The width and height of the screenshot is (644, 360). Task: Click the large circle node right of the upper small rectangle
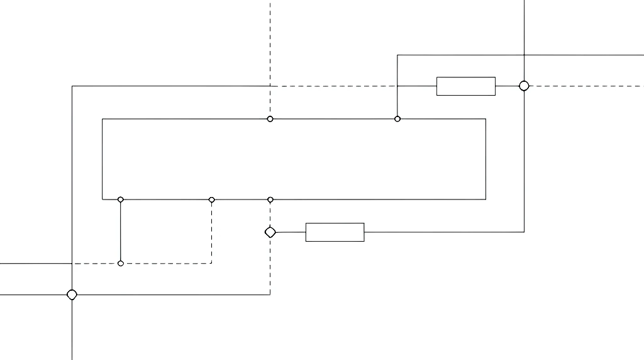pos(524,86)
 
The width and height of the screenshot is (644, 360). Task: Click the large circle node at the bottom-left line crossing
pos(72,295)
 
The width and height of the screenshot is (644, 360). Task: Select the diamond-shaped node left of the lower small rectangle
pos(270,232)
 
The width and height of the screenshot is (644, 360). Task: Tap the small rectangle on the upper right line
pos(466,86)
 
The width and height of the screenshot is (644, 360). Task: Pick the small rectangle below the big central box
pos(335,232)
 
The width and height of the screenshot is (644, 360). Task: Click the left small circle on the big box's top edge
pos(270,119)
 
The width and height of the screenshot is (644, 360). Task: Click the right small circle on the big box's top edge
pos(397,119)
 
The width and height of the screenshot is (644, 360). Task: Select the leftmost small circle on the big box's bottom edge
pos(121,200)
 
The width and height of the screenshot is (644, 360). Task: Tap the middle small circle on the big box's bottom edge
pos(212,200)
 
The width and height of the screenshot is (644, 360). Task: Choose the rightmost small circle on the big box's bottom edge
pos(270,200)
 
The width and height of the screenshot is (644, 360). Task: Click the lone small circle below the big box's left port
pos(121,263)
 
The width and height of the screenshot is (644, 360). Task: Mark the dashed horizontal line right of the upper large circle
pos(585,86)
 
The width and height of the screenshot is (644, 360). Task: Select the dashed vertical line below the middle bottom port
pos(212,233)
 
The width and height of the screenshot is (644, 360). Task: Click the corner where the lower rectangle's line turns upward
pos(524,232)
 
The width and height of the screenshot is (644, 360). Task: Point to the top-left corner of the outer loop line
pos(72,86)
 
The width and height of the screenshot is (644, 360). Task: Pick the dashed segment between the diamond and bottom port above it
pos(270,215)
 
